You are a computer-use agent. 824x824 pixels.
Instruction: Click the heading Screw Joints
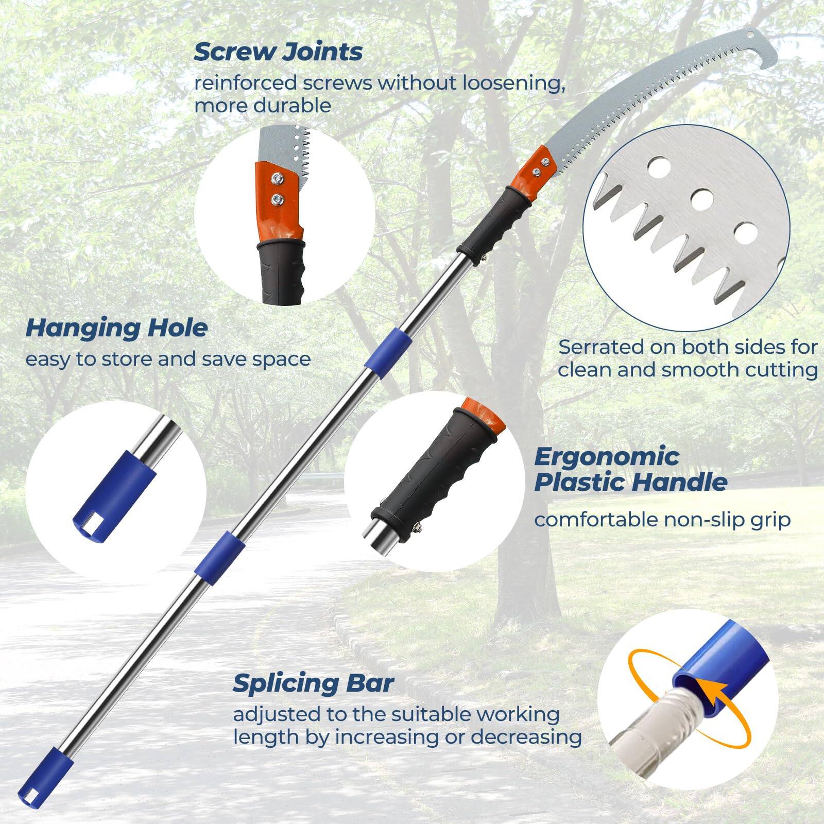tap(278, 52)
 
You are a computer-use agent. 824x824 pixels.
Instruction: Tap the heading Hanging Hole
tap(116, 328)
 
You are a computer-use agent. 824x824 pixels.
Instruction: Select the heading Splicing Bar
tap(313, 683)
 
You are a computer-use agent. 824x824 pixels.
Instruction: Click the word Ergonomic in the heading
tap(607, 457)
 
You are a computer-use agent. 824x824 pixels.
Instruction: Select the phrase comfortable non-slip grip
tap(662, 520)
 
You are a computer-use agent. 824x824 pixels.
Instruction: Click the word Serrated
tap(601, 347)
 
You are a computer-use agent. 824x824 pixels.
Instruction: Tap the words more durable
tap(263, 106)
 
